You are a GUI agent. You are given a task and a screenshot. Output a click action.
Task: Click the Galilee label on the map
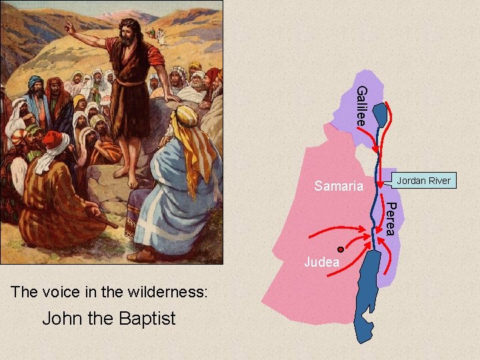361,106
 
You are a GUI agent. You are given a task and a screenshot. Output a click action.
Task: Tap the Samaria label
339,186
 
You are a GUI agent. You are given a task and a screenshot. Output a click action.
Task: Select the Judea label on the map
321,262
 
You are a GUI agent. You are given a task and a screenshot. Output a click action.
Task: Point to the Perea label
393,217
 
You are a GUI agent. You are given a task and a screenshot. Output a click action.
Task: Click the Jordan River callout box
423,181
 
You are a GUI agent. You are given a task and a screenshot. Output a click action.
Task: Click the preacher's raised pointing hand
69,27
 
